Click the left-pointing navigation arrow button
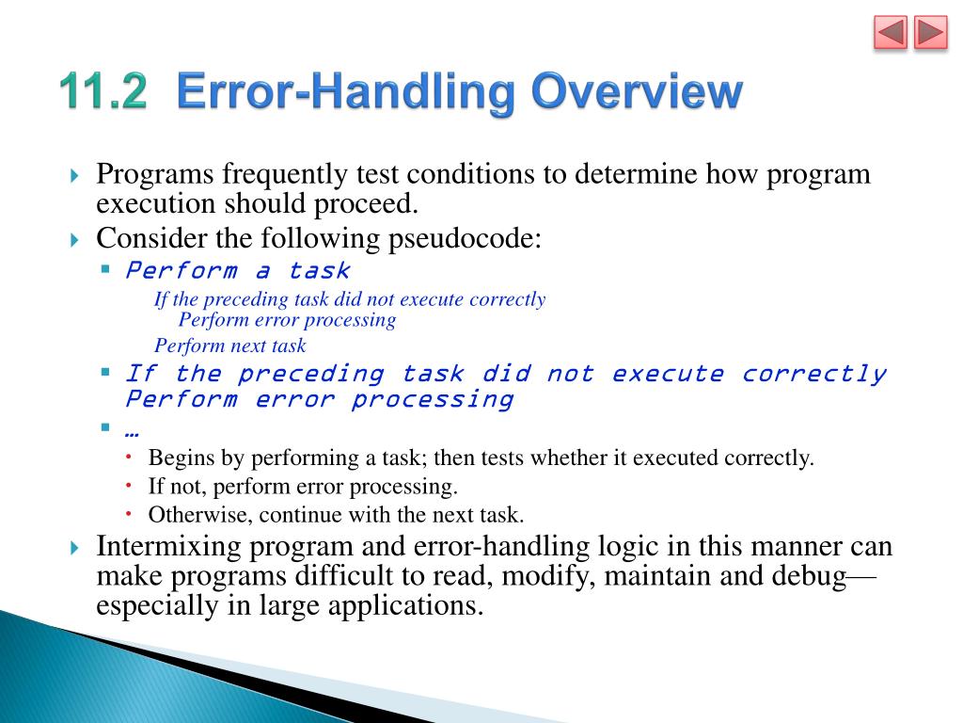pos(891,34)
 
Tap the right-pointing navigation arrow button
pos(930,34)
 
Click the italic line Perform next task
pos(230,345)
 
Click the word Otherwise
pos(200,515)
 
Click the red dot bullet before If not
pos(130,486)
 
